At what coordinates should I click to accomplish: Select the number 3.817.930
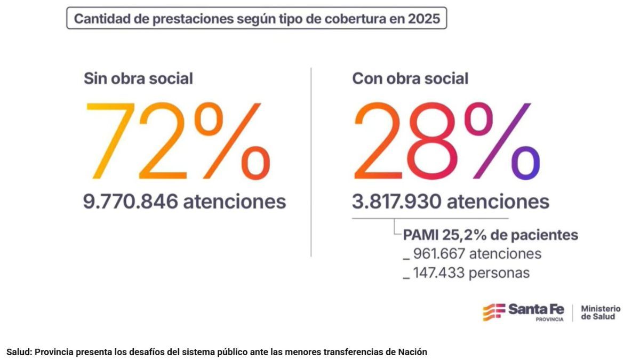coord(397,202)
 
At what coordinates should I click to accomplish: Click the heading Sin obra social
coord(138,79)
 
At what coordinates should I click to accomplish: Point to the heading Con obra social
coord(410,79)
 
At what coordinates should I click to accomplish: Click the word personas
coord(501,273)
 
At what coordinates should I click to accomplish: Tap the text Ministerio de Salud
coord(601,313)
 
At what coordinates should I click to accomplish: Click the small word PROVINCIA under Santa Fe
coord(549,319)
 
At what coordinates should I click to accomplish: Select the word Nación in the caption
coord(413,352)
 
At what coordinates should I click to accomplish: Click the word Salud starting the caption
coord(17,352)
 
